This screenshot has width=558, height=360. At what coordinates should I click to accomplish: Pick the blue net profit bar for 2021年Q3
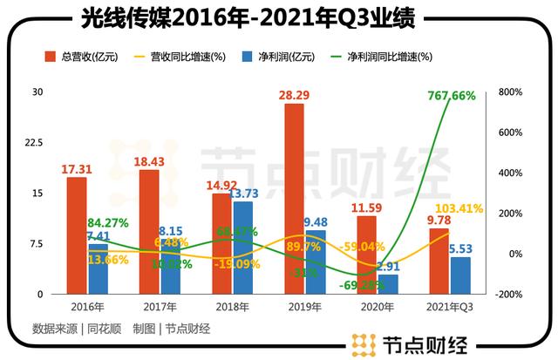click(460, 275)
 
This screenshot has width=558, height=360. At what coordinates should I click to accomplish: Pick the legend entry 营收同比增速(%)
click(188, 57)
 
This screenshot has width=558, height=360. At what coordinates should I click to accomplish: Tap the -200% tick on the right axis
click(509, 295)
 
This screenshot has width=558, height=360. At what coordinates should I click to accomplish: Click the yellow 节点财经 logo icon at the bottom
click(359, 344)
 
